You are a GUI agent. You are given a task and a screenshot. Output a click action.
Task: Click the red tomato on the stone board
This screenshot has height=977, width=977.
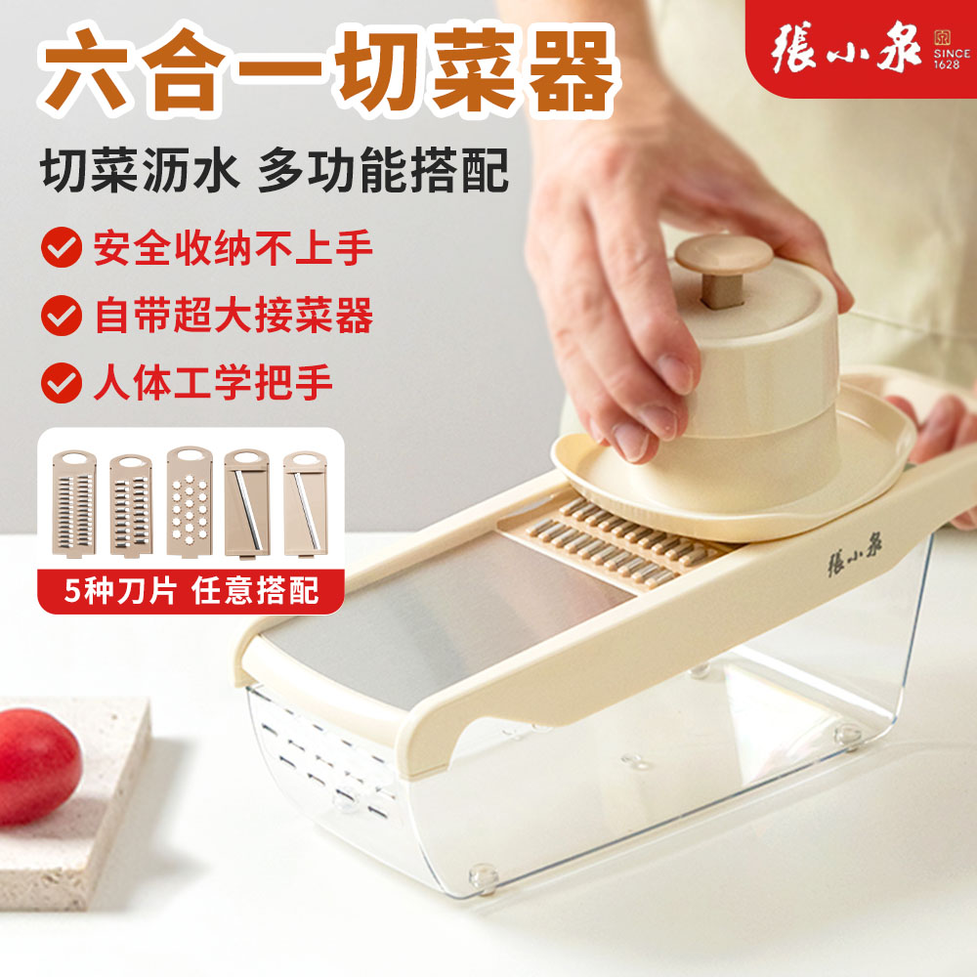point(37,765)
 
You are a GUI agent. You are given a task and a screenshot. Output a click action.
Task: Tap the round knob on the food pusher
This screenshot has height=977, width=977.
point(724,257)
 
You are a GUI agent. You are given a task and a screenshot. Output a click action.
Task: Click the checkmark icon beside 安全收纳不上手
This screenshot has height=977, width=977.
point(62,248)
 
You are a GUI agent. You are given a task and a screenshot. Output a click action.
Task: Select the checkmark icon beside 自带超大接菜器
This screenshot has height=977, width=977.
point(62,316)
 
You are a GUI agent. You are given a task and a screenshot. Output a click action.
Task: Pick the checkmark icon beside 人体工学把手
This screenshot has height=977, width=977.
point(62,382)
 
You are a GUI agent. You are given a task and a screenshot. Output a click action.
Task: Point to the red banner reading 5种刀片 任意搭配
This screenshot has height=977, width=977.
point(191,590)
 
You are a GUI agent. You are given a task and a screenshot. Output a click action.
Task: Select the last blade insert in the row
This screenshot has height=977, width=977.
point(304,504)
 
